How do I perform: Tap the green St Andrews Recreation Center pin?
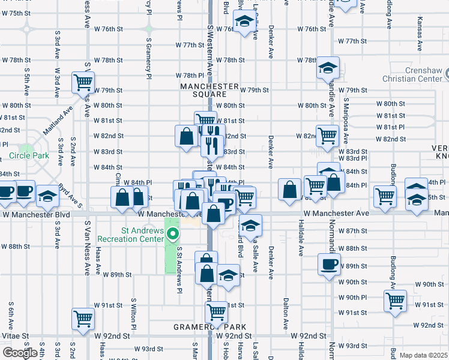pos(173,233)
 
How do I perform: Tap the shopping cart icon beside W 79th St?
pos(83,82)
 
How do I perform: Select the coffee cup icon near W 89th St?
pos(328,265)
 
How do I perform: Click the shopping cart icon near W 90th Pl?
pos(396,300)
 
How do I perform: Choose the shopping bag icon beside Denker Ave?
pos(290,190)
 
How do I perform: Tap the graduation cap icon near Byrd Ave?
pos(47,196)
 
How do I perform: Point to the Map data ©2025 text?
pos(423,355)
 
